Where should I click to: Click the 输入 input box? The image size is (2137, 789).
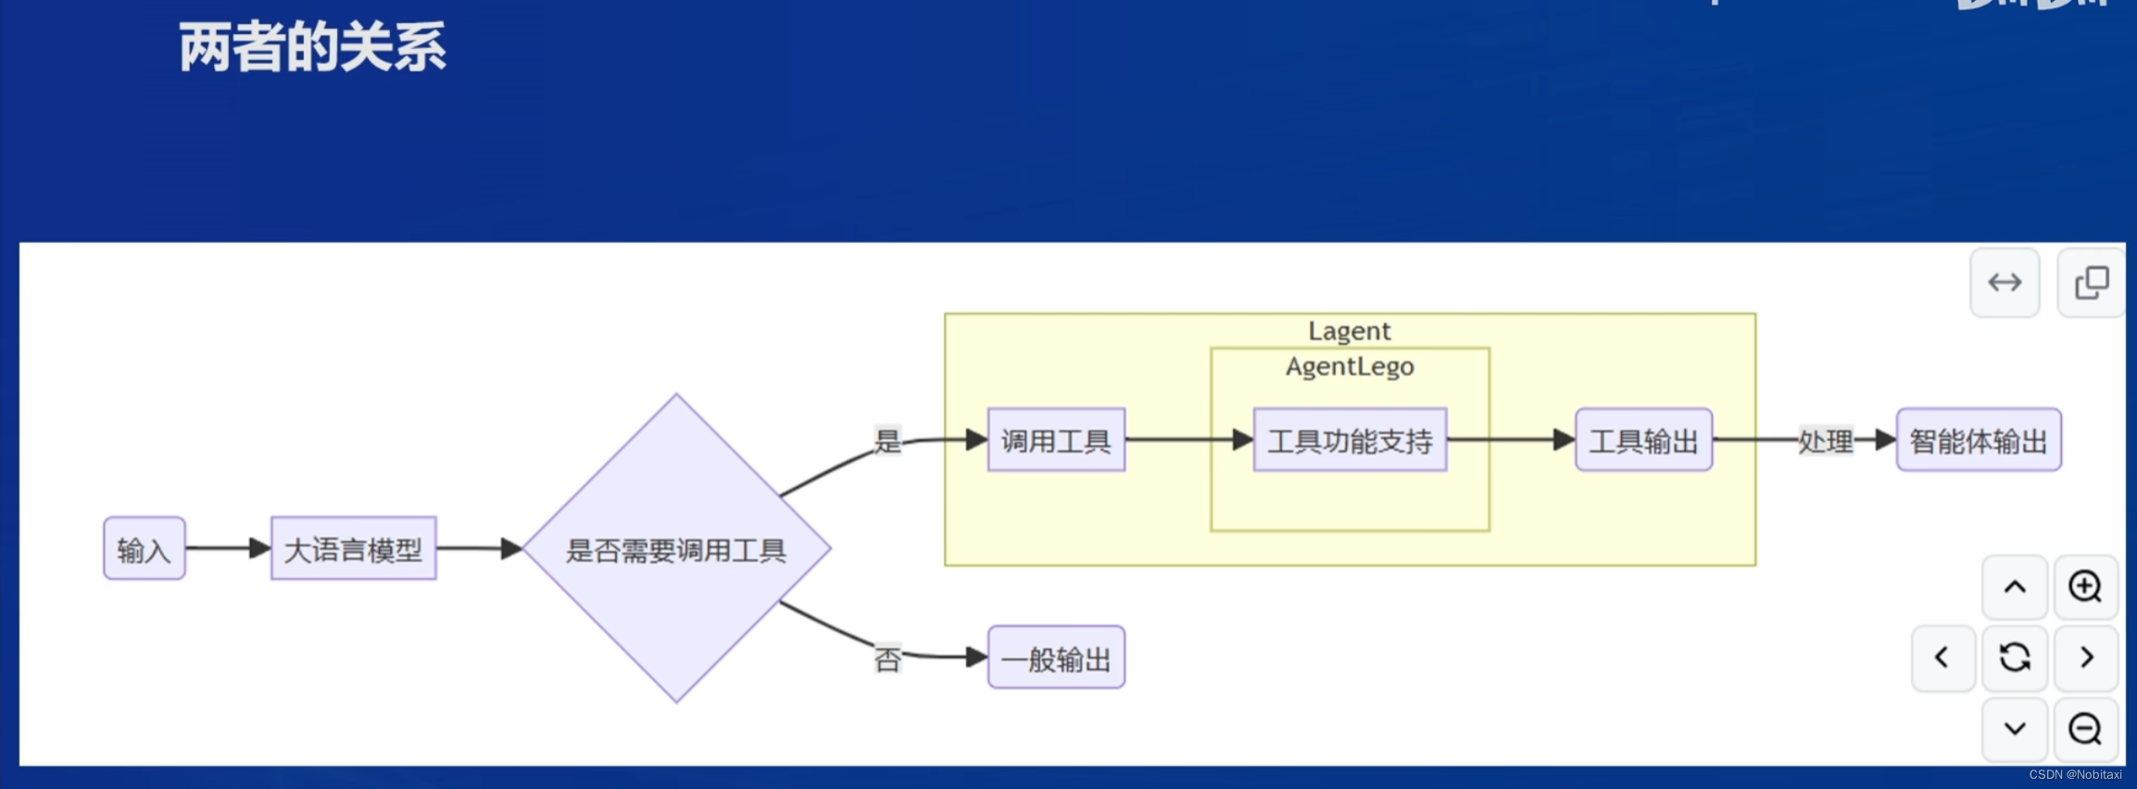point(145,549)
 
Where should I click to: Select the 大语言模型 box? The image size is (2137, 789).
point(353,549)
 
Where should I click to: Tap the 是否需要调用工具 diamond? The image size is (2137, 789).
point(676,549)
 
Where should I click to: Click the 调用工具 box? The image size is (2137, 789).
point(1056,441)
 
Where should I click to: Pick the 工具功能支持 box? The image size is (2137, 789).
point(1350,441)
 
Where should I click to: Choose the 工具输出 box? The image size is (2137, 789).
point(1643,441)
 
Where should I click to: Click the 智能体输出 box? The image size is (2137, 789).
point(1979,441)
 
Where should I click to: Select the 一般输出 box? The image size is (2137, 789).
point(1056,658)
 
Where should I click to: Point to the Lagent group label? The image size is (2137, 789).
point(1349,331)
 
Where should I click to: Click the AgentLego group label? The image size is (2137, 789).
point(1350,367)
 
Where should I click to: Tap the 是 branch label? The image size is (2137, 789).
point(887,441)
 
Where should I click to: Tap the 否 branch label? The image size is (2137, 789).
point(887,659)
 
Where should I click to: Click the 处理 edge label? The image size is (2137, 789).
point(1825,441)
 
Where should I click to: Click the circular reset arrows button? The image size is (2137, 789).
point(2014,657)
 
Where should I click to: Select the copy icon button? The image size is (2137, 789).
point(2091,282)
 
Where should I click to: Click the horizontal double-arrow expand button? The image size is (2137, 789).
point(2005,282)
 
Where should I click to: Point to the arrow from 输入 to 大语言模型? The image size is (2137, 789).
point(228,548)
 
